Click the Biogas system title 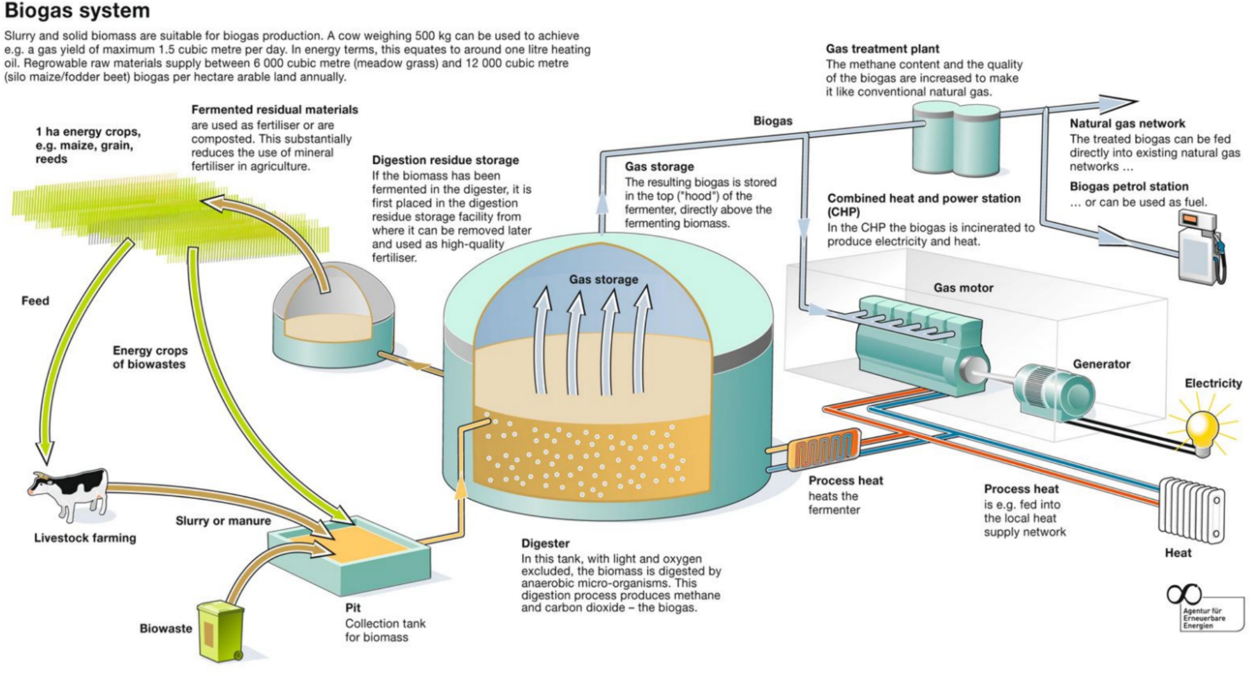[x=77, y=11]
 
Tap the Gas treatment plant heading [x=882, y=49]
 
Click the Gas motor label [x=963, y=288]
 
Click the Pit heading [x=353, y=608]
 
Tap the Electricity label [x=1213, y=383]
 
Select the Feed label [x=35, y=301]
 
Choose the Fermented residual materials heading [x=274, y=109]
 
